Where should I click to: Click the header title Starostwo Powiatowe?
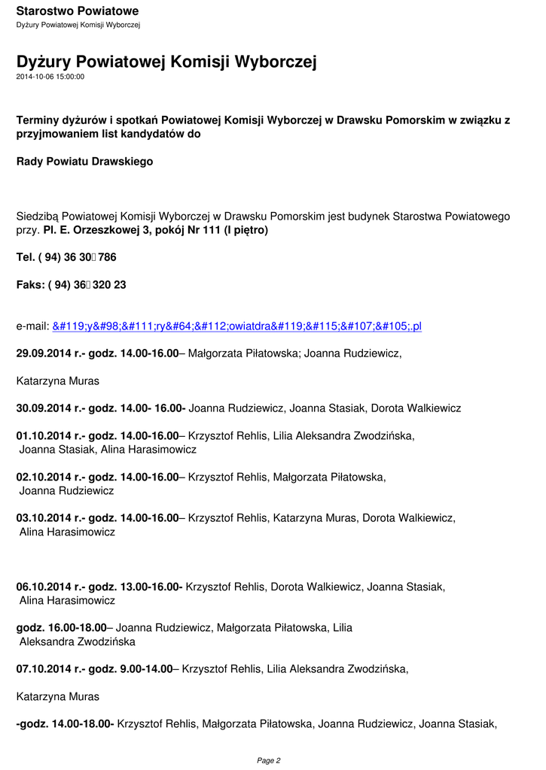[77, 11]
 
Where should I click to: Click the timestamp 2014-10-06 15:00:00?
[50, 77]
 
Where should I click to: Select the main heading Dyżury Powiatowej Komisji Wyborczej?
[166, 62]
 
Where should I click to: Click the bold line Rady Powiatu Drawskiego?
[84, 162]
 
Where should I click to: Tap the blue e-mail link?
[236, 326]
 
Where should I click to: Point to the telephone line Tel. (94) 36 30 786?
[66, 257]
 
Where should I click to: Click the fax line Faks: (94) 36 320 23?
[71, 285]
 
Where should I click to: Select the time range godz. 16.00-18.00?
[62, 628]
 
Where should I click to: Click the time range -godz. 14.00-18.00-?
[65, 724]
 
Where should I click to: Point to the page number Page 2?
[269, 760]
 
